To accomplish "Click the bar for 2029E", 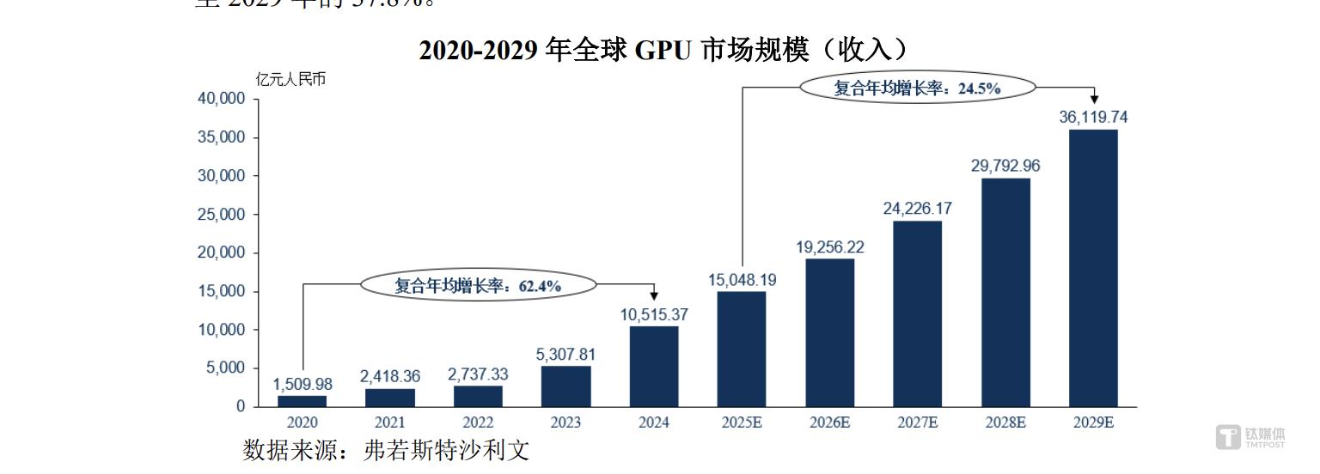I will pos(1093,268).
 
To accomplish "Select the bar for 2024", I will pos(654,366).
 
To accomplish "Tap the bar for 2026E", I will pos(829,332).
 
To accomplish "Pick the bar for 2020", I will pos(302,400).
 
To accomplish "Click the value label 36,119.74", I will pos(1093,118).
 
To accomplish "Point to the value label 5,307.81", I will pos(566,355).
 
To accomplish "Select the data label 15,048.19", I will pos(742,280).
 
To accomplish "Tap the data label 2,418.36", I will pos(390,377).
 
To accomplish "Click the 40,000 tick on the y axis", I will pos(222,100).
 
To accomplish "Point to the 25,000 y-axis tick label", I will pos(222,215).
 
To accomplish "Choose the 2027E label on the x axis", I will pos(917,422).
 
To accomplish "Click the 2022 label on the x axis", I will pos(478,422).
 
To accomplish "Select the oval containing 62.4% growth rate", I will pos(478,285).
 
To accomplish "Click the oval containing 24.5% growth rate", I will pos(918,88).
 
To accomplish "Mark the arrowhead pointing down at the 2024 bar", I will pos(654,296).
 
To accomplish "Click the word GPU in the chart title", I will pos(663,51).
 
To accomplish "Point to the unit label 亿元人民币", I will pos(291,80).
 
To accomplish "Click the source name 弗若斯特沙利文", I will pos(446,450).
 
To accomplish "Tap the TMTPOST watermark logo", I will pos(1251,437).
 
